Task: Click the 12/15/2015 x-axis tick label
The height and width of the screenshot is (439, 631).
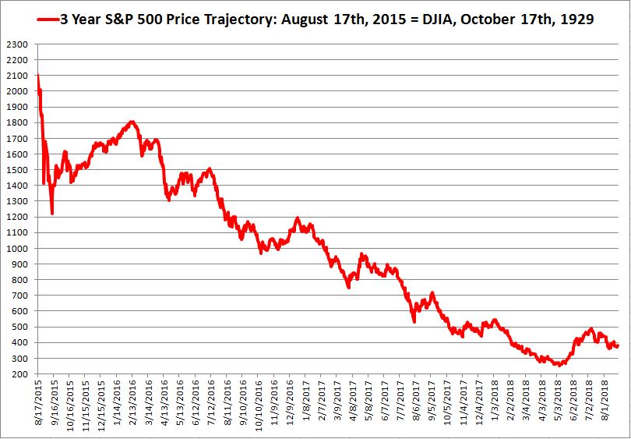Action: (x=102, y=406)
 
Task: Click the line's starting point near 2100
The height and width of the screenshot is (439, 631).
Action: (x=37, y=75)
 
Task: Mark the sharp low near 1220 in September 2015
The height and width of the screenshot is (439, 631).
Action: (x=51, y=213)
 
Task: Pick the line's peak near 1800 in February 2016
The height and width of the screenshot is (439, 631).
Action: (x=132, y=122)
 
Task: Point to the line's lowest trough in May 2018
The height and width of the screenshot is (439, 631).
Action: (x=558, y=365)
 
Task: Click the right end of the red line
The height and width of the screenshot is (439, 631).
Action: (x=618, y=346)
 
